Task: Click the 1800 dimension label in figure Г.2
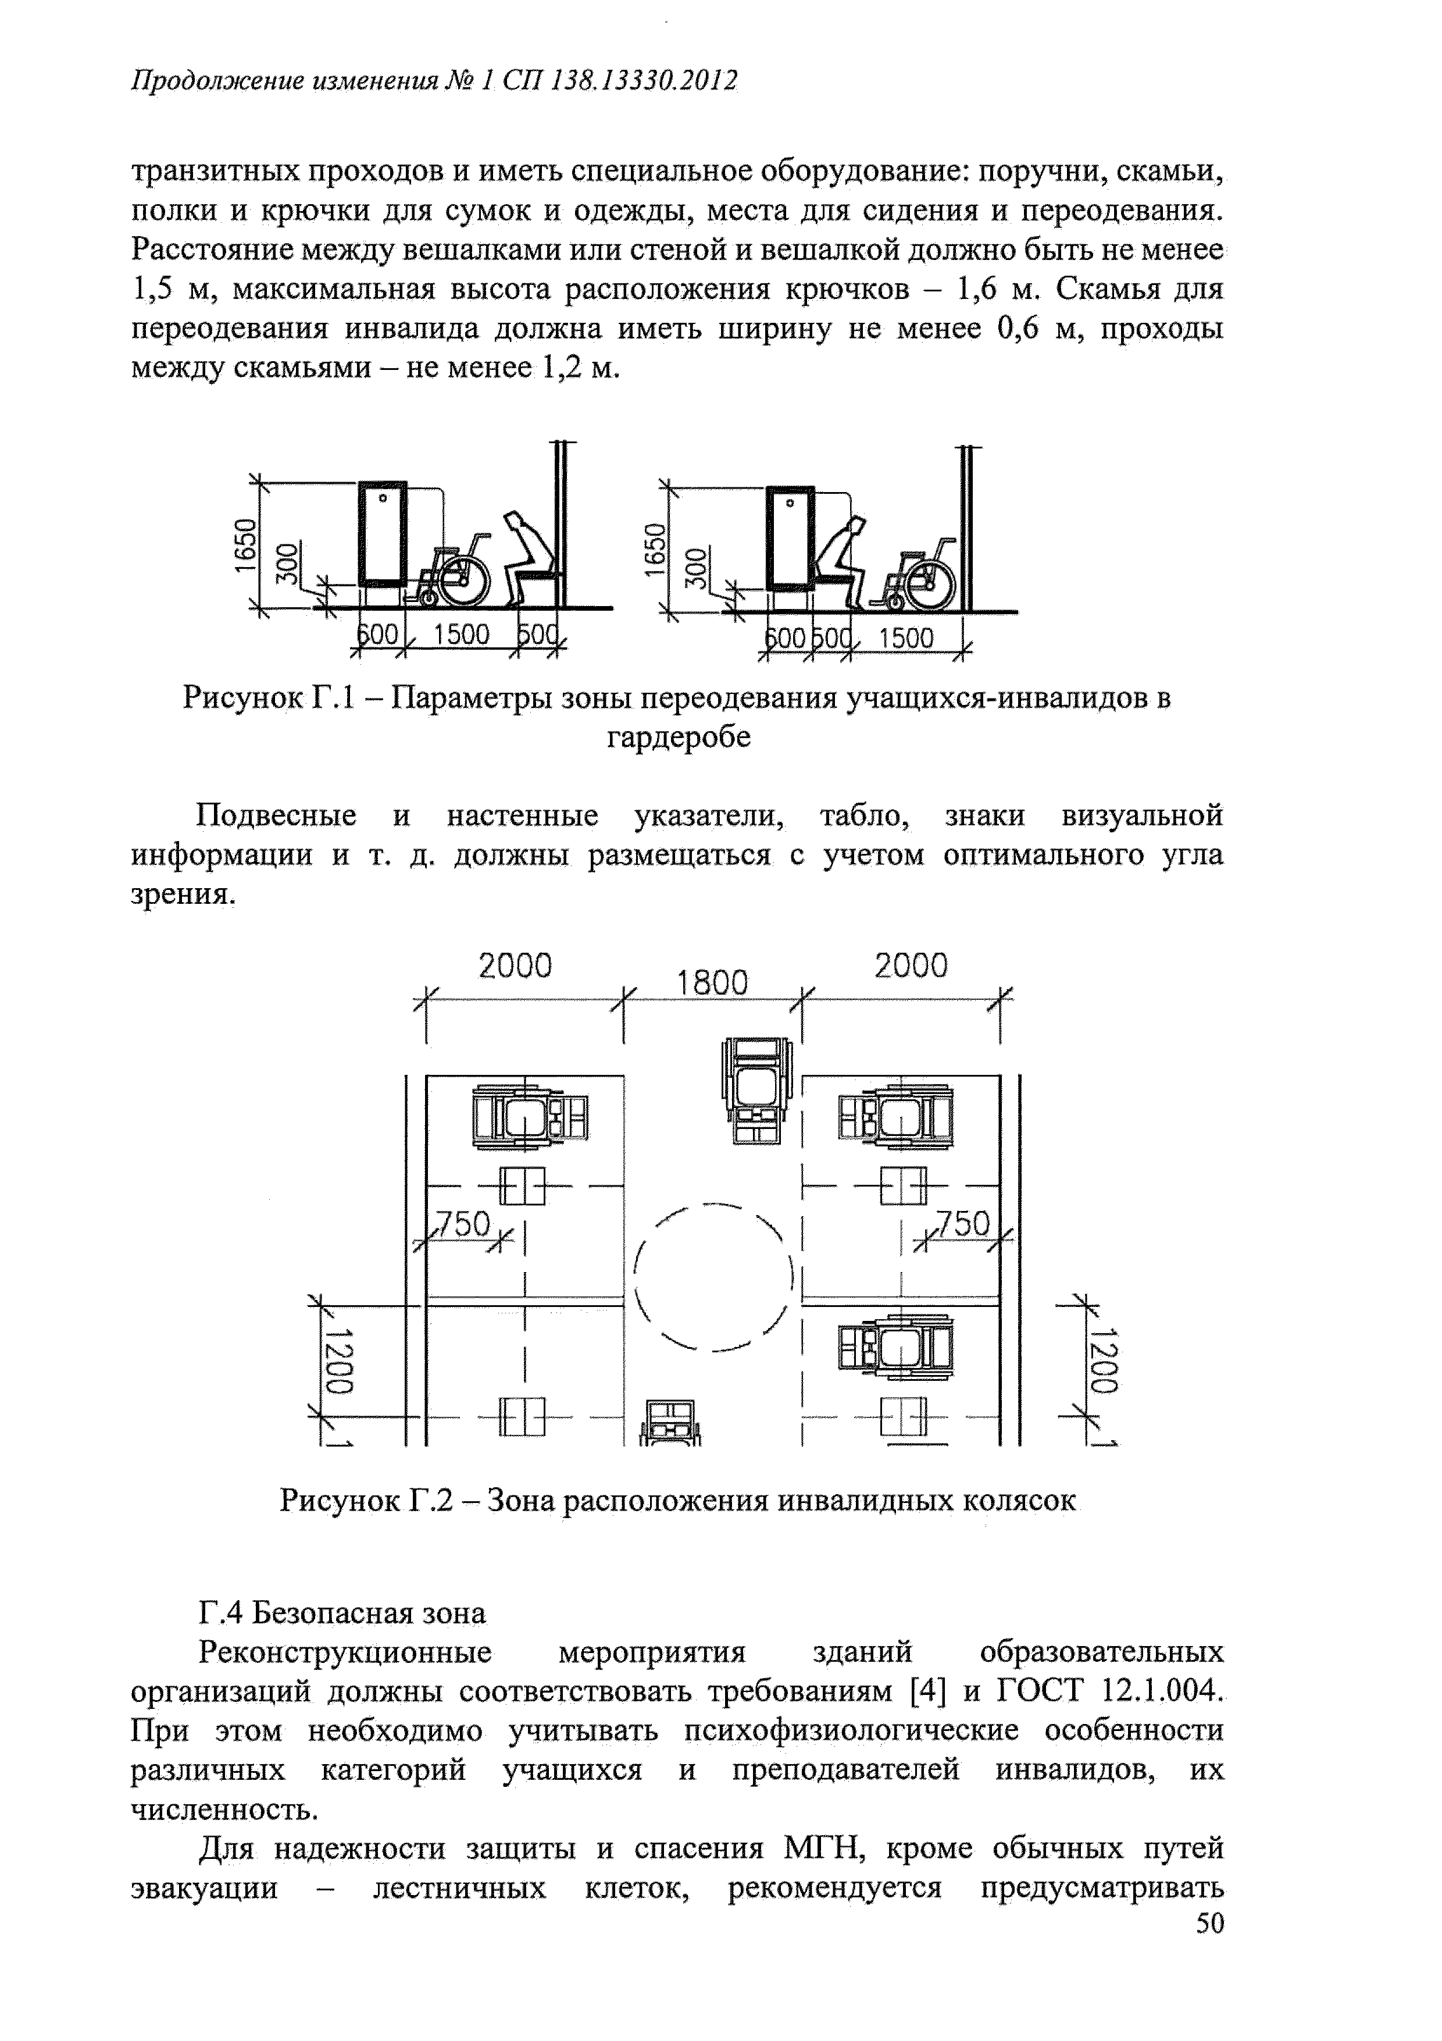(x=712, y=982)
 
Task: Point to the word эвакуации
(x=204, y=1887)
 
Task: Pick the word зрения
(x=184, y=894)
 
